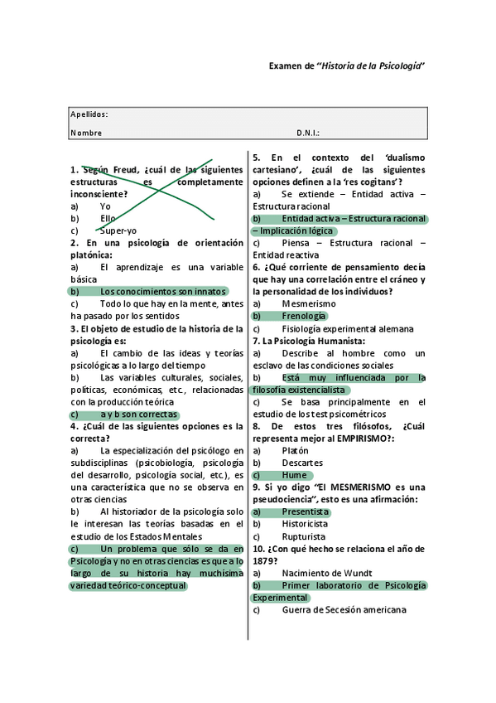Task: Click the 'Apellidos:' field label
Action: (89, 114)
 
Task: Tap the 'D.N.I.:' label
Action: (308, 133)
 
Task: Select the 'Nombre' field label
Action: (86, 133)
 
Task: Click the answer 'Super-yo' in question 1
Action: (118, 230)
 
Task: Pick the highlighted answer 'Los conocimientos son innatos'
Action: (162, 292)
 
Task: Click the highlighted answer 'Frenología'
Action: (304, 316)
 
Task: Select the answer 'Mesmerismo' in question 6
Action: (309, 304)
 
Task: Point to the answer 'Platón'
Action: (296, 450)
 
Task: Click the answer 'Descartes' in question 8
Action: (302, 463)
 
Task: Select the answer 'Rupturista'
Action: (304, 536)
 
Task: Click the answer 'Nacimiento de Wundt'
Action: (326, 573)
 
